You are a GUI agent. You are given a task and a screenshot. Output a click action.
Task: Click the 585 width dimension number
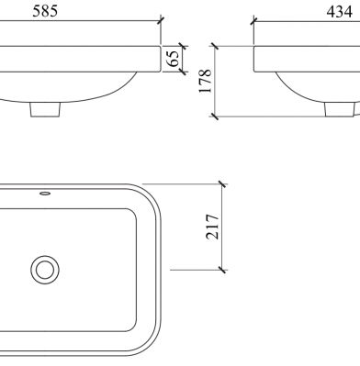coord(45,11)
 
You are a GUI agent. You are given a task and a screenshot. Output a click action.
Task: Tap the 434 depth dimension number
coord(339,12)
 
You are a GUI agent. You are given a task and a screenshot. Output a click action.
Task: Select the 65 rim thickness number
coord(174,59)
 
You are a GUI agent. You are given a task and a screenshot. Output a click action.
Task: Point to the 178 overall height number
coord(206,81)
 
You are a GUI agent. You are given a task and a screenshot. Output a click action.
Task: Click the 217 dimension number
coord(212,227)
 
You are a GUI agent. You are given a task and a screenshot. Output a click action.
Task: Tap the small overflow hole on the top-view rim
coord(45,194)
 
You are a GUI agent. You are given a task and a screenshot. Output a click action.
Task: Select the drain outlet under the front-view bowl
coord(45,109)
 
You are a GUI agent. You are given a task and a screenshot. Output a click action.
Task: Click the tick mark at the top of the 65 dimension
coord(183,47)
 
